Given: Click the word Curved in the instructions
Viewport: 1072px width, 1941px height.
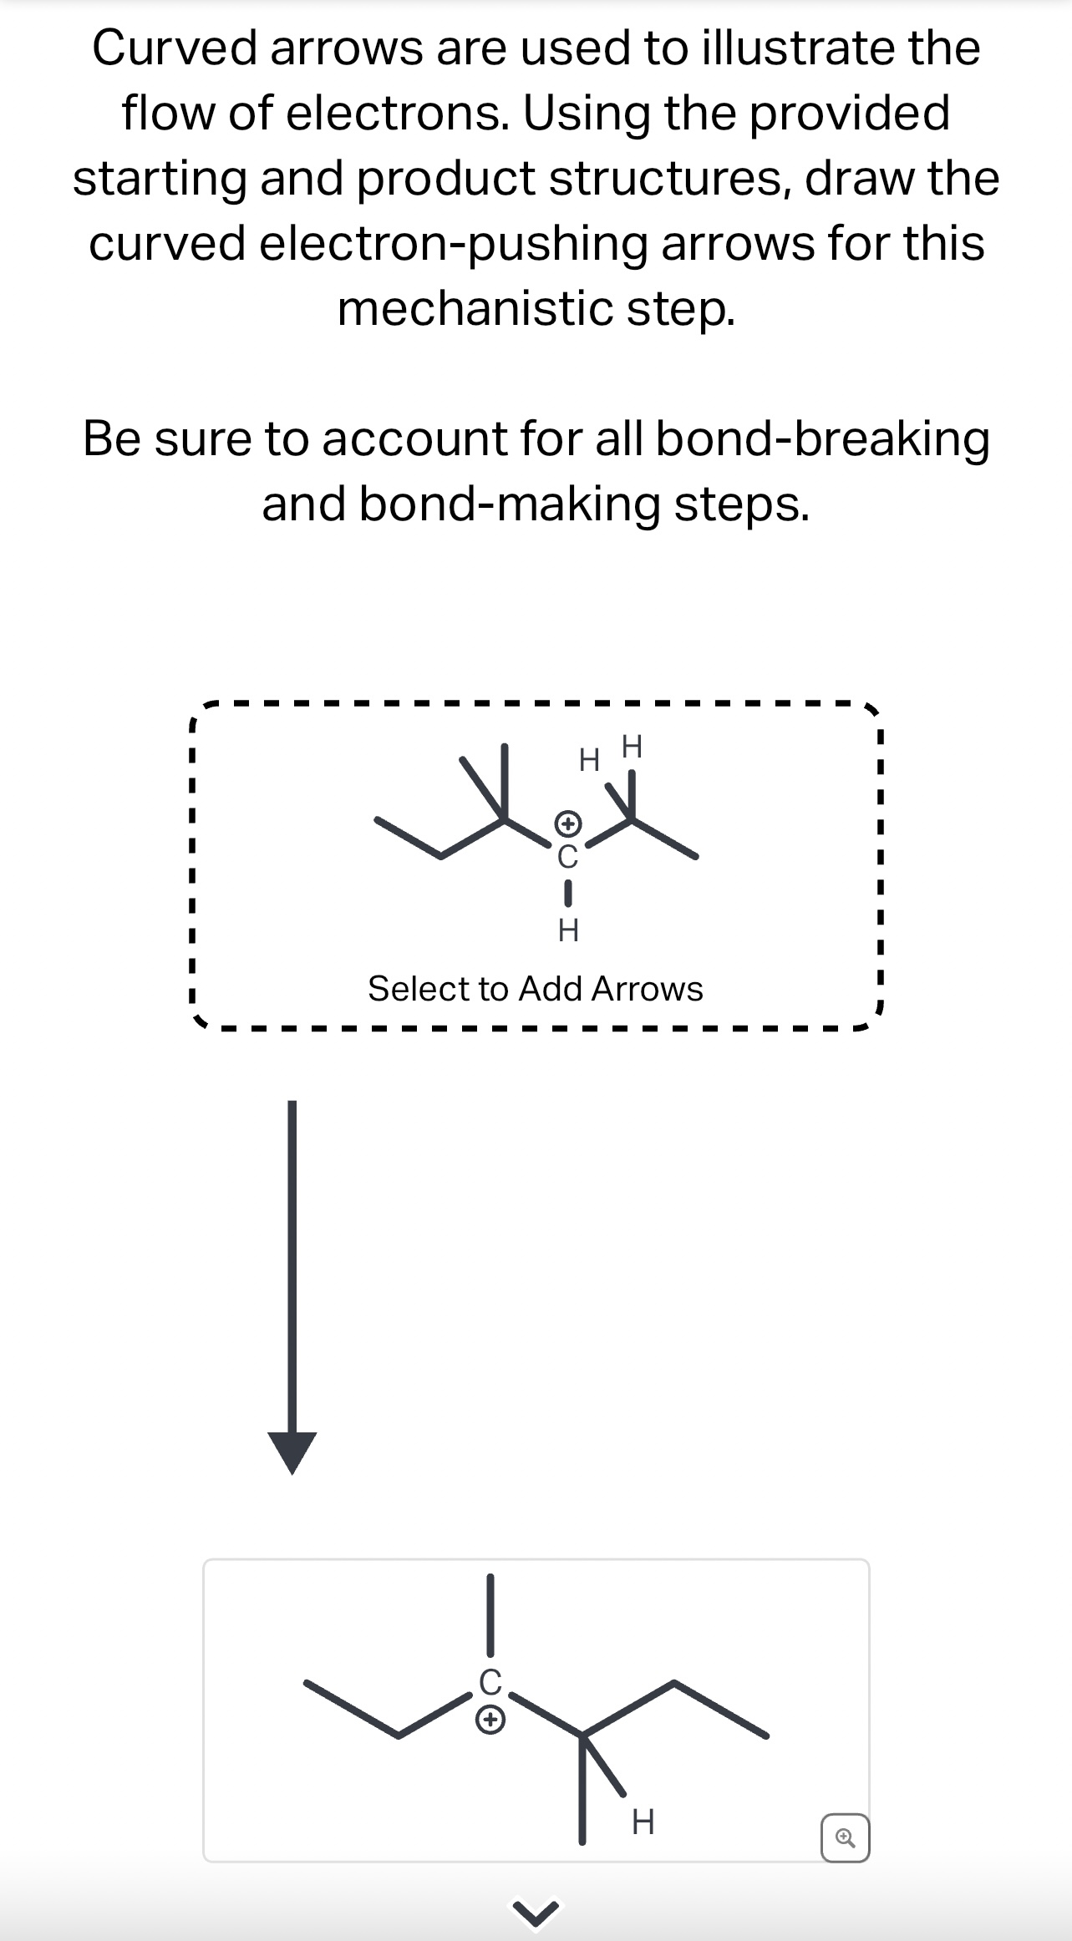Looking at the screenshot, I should tap(175, 48).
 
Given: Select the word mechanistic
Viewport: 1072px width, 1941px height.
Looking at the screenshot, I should tap(475, 308).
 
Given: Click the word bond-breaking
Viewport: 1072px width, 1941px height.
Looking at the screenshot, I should tap(822, 439).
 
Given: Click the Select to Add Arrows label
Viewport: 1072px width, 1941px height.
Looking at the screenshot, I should tap(535, 989).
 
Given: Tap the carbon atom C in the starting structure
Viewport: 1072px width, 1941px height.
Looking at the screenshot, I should tap(567, 856).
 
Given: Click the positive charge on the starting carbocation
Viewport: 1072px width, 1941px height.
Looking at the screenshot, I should tap(567, 824).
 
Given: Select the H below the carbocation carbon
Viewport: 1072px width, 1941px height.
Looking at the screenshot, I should tap(568, 930).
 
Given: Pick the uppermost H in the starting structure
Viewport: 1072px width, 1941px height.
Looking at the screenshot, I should tap(633, 746).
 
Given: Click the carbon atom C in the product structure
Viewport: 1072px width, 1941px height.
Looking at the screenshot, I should tap(490, 1680).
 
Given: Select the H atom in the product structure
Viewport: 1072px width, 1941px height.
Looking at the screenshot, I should tap(643, 1822).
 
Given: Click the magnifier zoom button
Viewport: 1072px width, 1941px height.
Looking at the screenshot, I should tap(845, 1838).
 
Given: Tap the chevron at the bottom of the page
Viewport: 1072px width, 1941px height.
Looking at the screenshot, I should tap(536, 1915).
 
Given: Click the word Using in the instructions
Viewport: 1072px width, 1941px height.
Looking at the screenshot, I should tap(586, 114).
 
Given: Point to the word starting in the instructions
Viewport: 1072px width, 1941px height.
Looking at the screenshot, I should tap(158, 179).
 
